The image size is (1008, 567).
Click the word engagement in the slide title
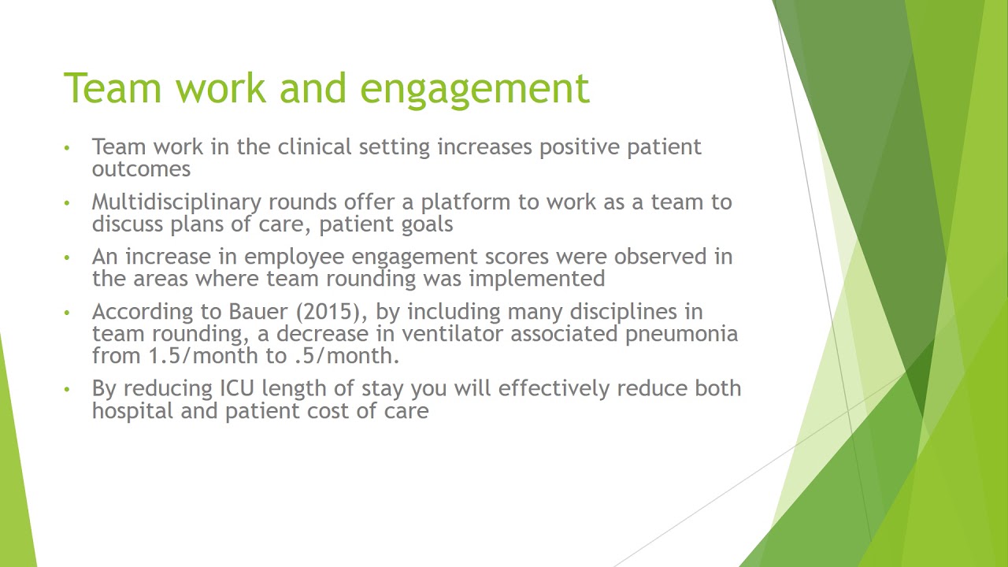click(474, 88)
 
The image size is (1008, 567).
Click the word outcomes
click(141, 169)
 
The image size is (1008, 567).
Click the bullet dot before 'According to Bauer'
click(68, 312)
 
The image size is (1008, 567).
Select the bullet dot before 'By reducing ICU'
click(68, 388)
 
